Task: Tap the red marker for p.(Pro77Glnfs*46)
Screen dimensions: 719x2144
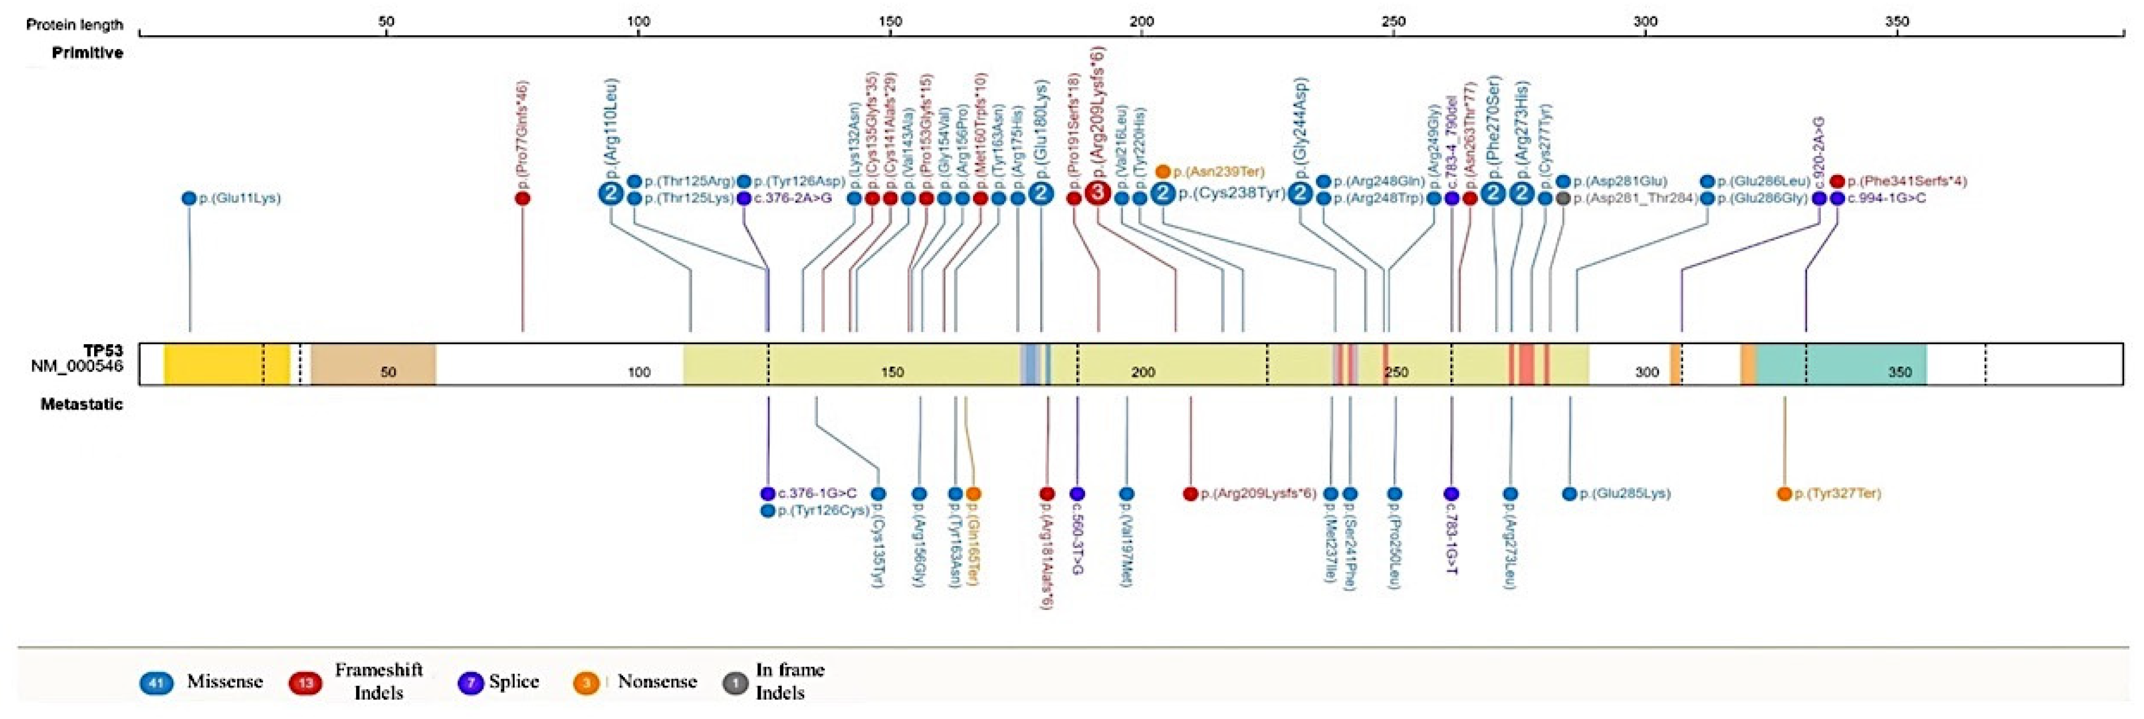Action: tap(523, 199)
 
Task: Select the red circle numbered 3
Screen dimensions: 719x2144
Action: tap(1098, 194)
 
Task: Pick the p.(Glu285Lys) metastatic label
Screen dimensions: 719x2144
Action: tap(1624, 493)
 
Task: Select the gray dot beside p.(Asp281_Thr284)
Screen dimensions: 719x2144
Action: tap(1563, 199)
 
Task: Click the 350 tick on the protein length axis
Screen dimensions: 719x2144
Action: tap(1897, 21)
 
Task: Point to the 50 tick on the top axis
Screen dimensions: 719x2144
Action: tap(386, 21)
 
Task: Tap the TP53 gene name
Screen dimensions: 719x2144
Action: tap(102, 351)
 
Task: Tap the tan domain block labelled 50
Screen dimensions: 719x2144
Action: tap(374, 364)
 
